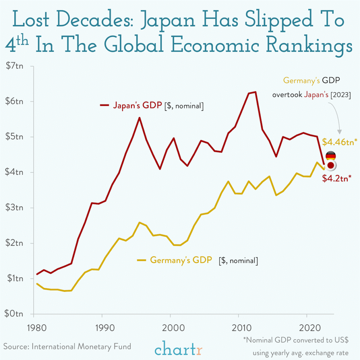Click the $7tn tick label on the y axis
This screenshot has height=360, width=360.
[14, 66]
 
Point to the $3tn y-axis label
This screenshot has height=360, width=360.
[14, 207]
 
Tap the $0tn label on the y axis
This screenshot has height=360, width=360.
[14, 314]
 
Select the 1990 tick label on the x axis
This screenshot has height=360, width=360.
[105, 328]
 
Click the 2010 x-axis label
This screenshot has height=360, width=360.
[242, 328]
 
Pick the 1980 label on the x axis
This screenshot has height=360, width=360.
[37, 328]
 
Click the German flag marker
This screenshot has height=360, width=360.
[330, 156]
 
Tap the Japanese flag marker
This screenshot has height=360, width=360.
[331, 165]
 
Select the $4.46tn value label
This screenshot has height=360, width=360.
[340, 142]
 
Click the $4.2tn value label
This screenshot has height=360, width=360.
[336, 178]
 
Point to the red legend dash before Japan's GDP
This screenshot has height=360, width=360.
[104, 105]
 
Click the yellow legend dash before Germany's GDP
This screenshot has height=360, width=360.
[141, 260]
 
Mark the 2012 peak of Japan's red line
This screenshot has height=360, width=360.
[255, 92]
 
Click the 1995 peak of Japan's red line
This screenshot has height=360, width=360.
[139, 118]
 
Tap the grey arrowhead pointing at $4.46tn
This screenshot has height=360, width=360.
[339, 132]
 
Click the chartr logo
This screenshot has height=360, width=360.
[178, 348]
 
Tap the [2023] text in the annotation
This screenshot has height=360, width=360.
[341, 95]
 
